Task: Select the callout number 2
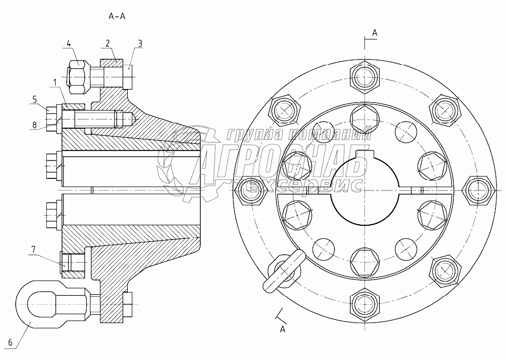click(x=107, y=43)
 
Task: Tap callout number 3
click(x=139, y=43)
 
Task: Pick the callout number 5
click(x=35, y=98)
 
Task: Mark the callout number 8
click(x=35, y=125)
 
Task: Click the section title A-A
click(x=116, y=16)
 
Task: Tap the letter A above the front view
click(x=374, y=33)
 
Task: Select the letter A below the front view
click(x=282, y=329)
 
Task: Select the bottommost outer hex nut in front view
click(x=364, y=303)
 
